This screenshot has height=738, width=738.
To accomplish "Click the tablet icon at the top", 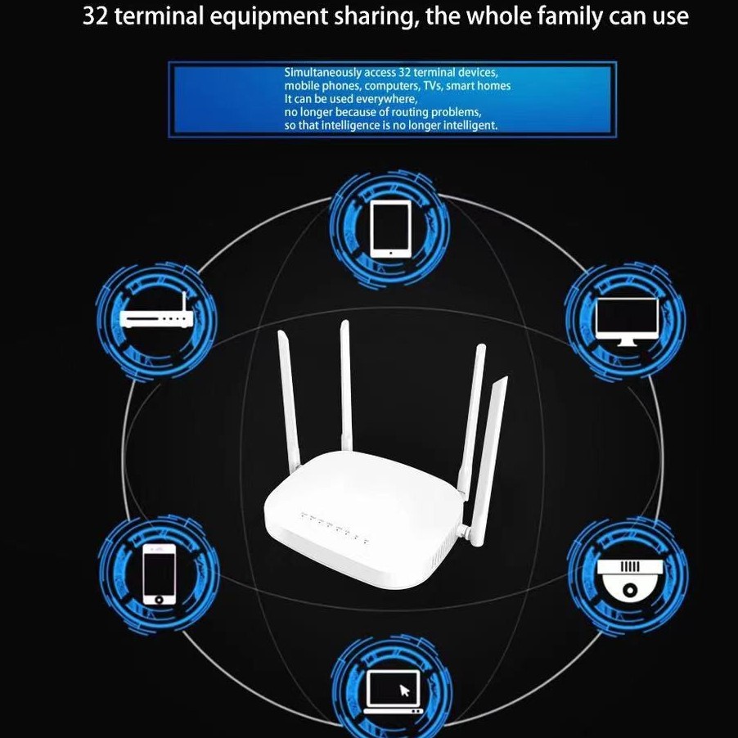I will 390,228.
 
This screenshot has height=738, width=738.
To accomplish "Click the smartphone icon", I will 160,573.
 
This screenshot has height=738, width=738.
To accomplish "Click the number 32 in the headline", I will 96,16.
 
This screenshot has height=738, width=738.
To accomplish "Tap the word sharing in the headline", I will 375,16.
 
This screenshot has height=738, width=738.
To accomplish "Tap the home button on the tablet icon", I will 390,252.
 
